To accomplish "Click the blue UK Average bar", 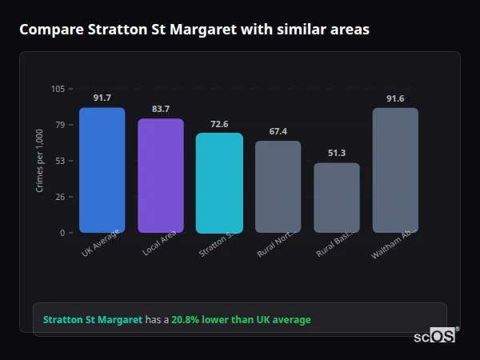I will tap(102, 170).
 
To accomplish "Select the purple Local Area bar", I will tap(160, 175).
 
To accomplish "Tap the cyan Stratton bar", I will tap(219, 182).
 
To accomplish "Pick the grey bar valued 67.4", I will tap(278, 186).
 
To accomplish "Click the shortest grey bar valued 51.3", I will tap(337, 198).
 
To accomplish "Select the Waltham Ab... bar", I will tap(395, 170).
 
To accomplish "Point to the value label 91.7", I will tap(102, 98).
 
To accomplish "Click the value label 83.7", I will tap(160, 109).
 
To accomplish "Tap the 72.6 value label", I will tap(219, 124).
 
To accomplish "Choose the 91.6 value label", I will tap(395, 98).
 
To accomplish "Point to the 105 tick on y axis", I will tap(58, 89).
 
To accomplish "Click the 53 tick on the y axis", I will tap(59, 161).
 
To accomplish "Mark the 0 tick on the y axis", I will tap(62, 233).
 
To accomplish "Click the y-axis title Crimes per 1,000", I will tap(39, 160).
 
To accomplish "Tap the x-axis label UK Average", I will tap(101, 243).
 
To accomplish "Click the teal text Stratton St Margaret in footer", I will tap(92, 320).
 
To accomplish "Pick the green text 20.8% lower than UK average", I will tap(241, 320).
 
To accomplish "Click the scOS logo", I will tap(434, 337).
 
